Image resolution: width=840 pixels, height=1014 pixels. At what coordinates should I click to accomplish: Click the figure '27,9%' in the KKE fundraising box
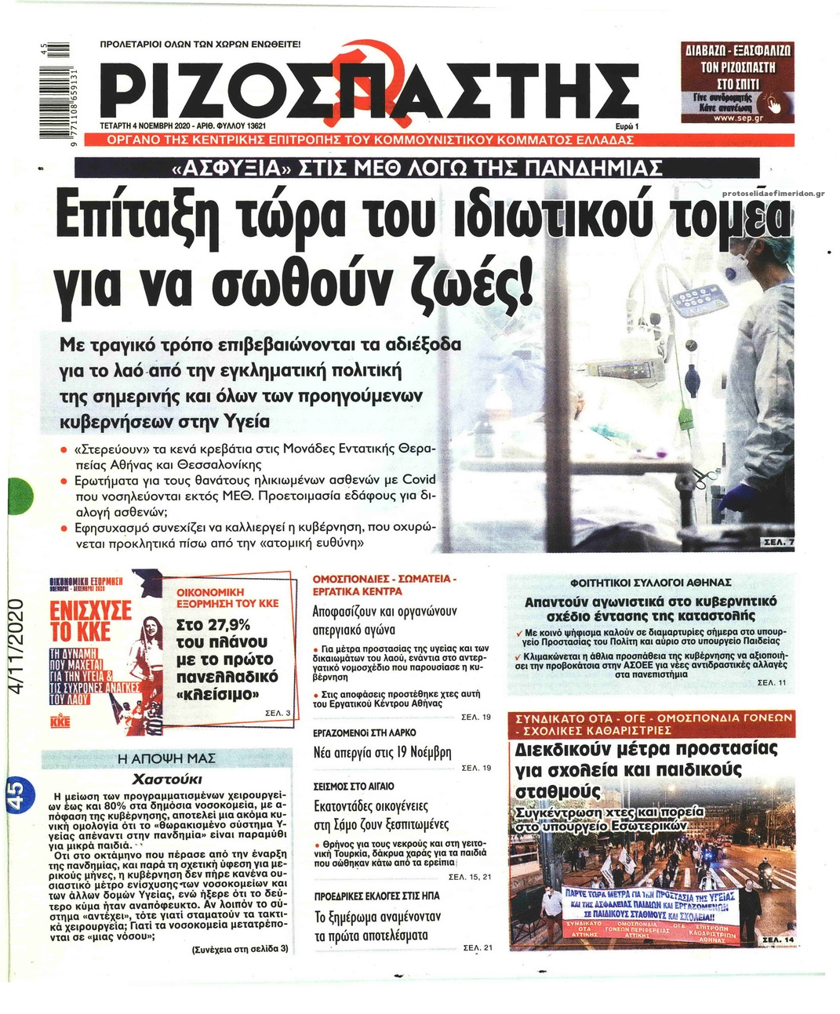[213, 624]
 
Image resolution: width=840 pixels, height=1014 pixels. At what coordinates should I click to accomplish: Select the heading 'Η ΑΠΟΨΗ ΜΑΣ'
[165, 758]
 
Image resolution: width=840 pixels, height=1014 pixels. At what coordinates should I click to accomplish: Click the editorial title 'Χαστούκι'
[167, 779]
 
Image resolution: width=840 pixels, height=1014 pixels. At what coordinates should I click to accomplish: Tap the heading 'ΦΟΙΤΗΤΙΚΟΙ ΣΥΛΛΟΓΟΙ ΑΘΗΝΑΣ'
[651, 583]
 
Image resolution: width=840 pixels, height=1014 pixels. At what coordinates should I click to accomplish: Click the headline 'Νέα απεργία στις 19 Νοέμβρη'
[382, 753]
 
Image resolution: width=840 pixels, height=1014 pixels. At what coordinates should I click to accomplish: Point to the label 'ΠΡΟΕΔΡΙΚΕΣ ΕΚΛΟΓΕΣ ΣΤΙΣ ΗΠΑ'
[376, 896]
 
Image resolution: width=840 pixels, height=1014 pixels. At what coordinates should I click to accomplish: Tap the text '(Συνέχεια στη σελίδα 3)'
[240, 948]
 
